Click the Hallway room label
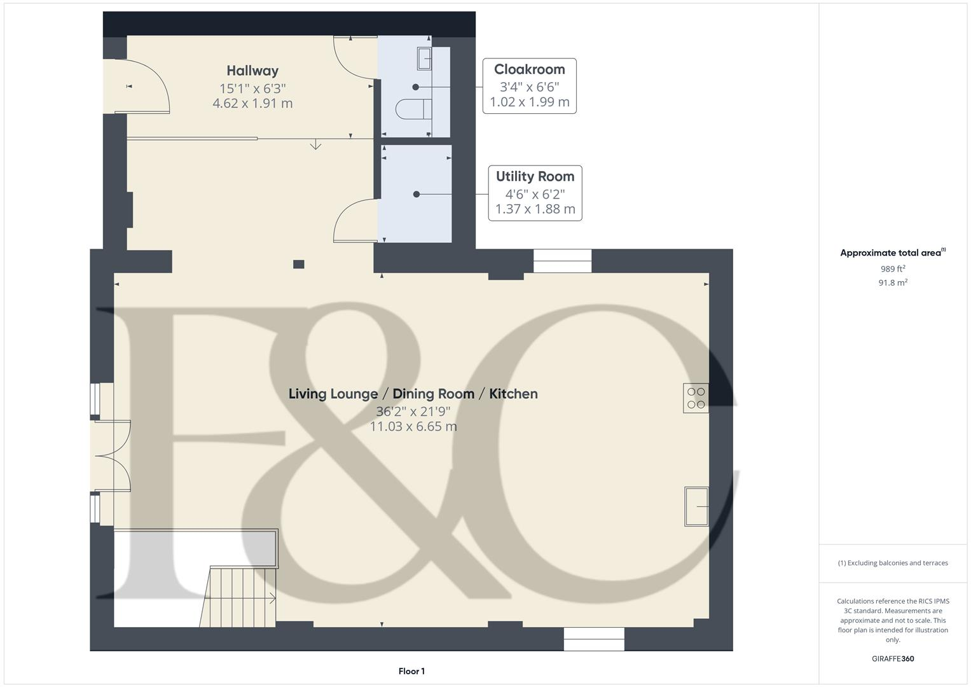click(x=252, y=71)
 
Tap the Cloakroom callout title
click(x=529, y=69)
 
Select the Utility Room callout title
click(x=535, y=176)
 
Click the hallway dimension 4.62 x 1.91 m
click(x=252, y=103)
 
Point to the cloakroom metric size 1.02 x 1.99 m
click(x=529, y=102)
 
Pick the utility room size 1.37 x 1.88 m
click(x=535, y=209)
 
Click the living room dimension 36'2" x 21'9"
click(x=413, y=411)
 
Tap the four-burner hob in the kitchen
click(x=696, y=398)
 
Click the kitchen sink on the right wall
click(x=696, y=506)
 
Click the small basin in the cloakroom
click(x=424, y=59)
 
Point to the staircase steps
click(x=238, y=597)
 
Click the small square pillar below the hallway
click(x=298, y=264)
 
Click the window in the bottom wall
click(x=594, y=639)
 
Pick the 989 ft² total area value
click(x=893, y=269)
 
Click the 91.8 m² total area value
click(x=893, y=283)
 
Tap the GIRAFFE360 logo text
click(x=893, y=658)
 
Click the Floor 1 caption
click(x=411, y=671)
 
